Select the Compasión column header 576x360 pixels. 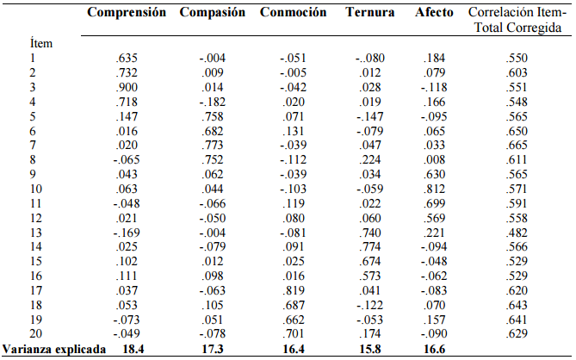pyautogui.click(x=213, y=13)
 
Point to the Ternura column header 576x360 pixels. pyautogui.click(x=370, y=13)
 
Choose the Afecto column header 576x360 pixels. pyautogui.click(x=434, y=13)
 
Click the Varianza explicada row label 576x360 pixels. pyautogui.click(x=53, y=349)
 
